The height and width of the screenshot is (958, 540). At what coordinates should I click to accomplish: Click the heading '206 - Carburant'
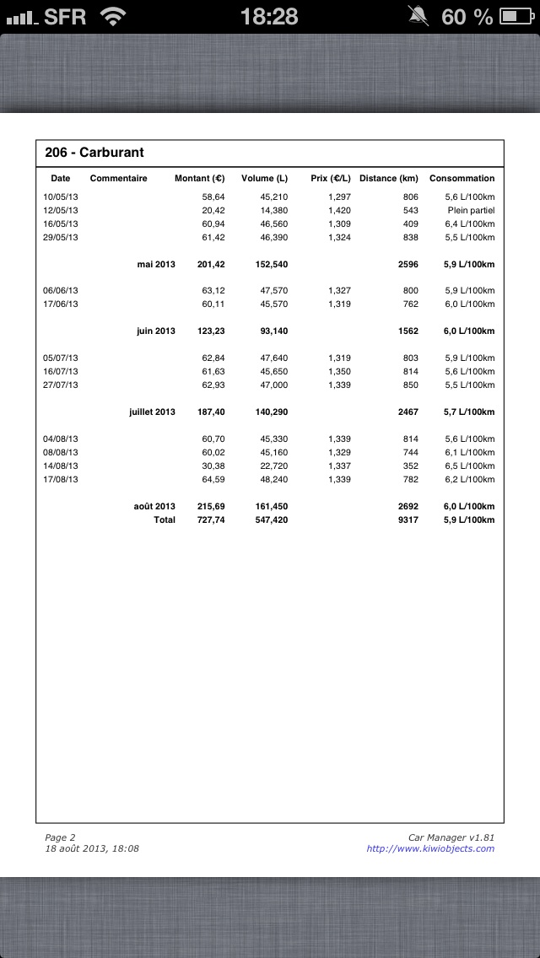[x=94, y=153]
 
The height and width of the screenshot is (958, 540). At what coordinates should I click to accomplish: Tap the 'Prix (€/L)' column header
[x=330, y=179]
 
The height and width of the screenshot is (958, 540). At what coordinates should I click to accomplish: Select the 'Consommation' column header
[x=462, y=179]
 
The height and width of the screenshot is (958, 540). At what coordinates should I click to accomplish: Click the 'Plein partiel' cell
[x=471, y=210]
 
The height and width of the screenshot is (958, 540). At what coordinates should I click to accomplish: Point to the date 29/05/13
[x=61, y=237]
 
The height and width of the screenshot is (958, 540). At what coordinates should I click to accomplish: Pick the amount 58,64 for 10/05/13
[x=213, y=196]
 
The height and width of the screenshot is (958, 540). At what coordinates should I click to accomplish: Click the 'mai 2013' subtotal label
[x=156, y=264]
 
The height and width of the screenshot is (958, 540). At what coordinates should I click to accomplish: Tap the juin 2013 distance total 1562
[x=408, y=331]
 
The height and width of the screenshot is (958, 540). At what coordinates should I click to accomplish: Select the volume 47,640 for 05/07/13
[x=273, y=358]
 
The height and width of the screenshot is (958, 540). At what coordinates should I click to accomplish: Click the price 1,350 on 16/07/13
[x=339, y=371]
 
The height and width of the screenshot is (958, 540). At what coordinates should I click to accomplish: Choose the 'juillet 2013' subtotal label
[x=152, y=412]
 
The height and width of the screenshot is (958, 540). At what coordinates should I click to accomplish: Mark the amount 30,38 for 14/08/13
[x=213, y=466]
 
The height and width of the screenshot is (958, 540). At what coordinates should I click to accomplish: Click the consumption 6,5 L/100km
[x=469, y=466]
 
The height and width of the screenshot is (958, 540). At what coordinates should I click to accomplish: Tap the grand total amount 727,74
[x=211, y=519]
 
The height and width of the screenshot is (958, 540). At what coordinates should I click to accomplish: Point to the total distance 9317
[x=408, y=519]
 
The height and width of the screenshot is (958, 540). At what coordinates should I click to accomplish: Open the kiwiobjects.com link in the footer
[x=430, y=848]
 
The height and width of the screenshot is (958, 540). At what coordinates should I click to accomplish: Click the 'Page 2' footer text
[x=60, y=837]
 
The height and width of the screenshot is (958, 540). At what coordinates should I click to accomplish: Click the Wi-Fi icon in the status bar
[x=113, y=16]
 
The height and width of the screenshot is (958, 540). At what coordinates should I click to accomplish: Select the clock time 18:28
[x=269, y=16]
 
